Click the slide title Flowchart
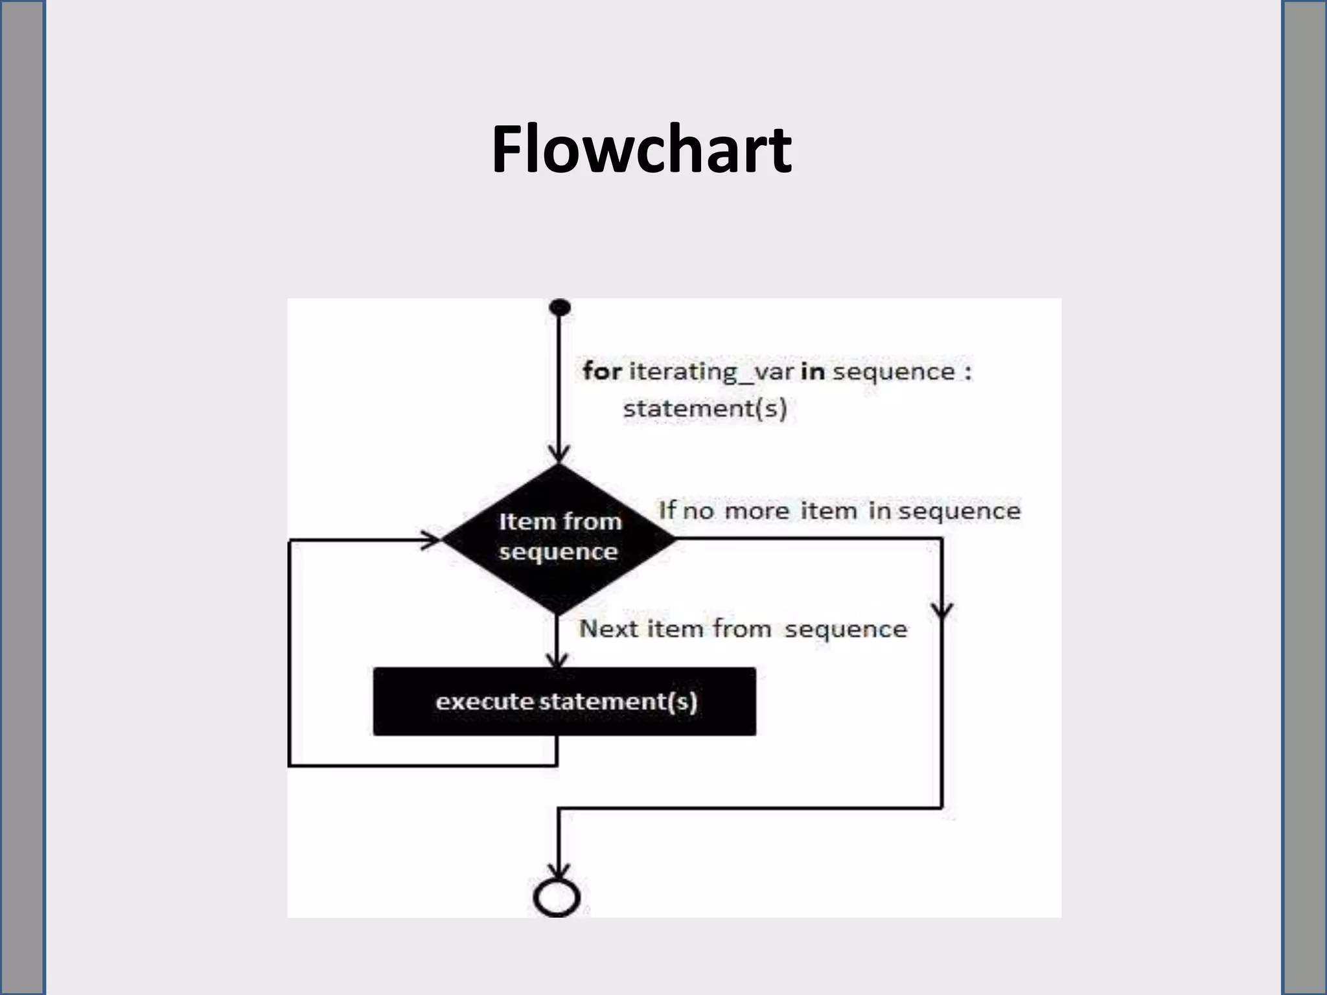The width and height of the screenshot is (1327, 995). (x=641, y=150)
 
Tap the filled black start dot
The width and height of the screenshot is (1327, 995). (x=559, y=307)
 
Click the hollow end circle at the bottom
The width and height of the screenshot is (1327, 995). (x=557, y=897)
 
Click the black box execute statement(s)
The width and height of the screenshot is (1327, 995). (x=564, y=702)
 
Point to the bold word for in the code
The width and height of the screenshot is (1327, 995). (x=602, y=372)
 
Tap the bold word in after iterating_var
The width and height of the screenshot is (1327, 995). (x=813, y=372)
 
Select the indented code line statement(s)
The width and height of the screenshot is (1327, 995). (x=704, y=409)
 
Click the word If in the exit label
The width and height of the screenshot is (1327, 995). (x=667, y=510)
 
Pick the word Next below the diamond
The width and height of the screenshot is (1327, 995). (x=608, y=629)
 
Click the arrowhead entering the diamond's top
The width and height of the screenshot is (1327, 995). (x=559, y=453)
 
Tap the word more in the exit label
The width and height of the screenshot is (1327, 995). (x=756, y=511)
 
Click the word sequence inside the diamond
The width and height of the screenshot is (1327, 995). (x=558, y=552)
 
